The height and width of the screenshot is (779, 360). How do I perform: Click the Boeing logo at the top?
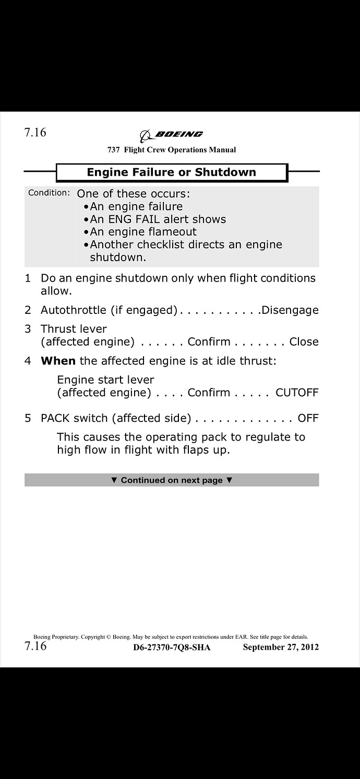[x=171, y=135]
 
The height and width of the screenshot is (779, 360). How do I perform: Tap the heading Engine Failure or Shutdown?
[x=171, y=172]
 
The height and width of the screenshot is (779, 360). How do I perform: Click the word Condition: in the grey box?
[x=49, y=193]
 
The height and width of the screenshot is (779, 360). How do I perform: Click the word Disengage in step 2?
[x=290, y=310]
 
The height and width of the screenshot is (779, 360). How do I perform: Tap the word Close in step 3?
[x=304, y=342]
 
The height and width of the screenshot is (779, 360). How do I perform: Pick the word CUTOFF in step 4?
[x=296, y=393]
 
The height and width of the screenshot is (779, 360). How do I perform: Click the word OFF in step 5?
[x=308, y=418]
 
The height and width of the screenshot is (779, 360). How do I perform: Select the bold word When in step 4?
[x=58, y=360]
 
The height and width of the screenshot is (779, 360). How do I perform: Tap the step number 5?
[x=28, y=418]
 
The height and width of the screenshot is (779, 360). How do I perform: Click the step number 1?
[x=28, y=278]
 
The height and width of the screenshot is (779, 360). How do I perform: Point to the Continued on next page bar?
[x=171, y=480]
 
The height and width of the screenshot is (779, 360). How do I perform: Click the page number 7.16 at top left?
[x=35, y=132]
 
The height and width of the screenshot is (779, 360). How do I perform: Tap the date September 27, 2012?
[x=281, y=648]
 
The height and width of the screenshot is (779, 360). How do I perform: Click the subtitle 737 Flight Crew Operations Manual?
[x=171, y=150]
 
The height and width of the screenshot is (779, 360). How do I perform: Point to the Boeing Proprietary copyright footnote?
[x=171, y=637]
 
